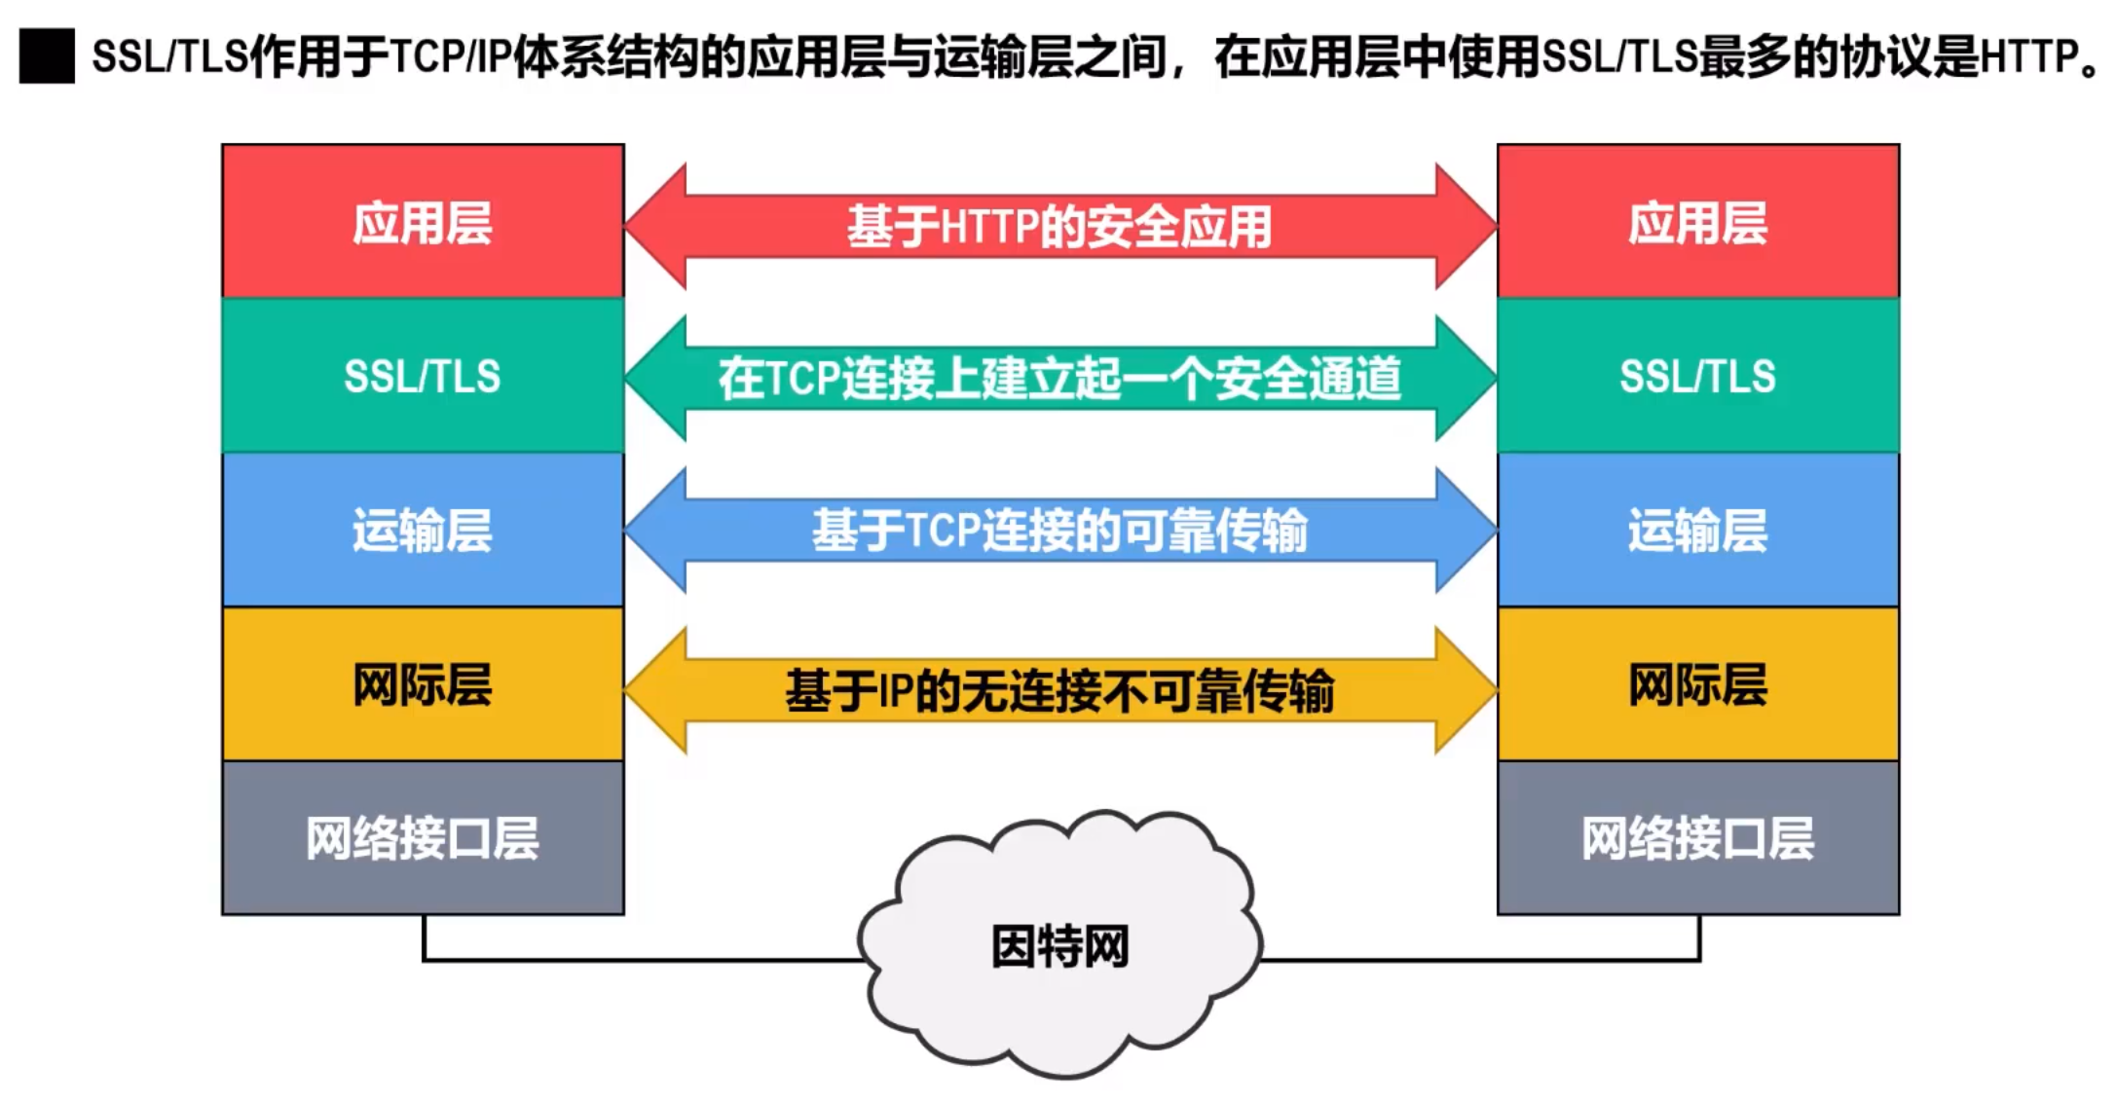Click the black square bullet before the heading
pyautogui.click(x=47, y=56)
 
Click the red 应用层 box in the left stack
pyautogui.click(x=423, y=222)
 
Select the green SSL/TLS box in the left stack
pyautogui.click(x=423, y=376)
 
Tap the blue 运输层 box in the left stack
pyautogui.click(x=423, y=531)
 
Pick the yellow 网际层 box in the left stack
pyautogui.click(x=423, y=684)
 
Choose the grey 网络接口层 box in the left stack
pyautogui.click(x=423, y=838)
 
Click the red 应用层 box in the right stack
pyautogui.click(x=1697, y=222)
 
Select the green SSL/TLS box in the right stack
pyautogui.click(x=1697, y=376)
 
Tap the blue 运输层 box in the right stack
pyautogui.click(x=1697, y=531)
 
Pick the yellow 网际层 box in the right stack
pyautogui.click(x=1697, y=684)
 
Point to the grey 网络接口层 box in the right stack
pyautogui.click(x=1697, y=838)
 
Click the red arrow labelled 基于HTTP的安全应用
pyautogui.click(x=1059, y=226)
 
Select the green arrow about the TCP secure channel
pyautogui.click(x=1059, y=378)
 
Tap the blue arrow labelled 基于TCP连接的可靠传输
pyautogui.click(x=1059, y=531)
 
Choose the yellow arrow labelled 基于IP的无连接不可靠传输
pyautogui.click(x=1059, y=690)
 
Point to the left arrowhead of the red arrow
pyautogui.click(x=657, y=226)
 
